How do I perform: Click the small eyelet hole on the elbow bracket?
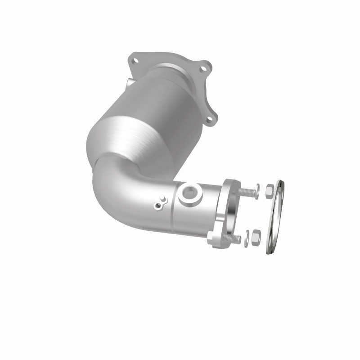pos(157,206)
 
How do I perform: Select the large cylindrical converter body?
pos(135,126)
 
